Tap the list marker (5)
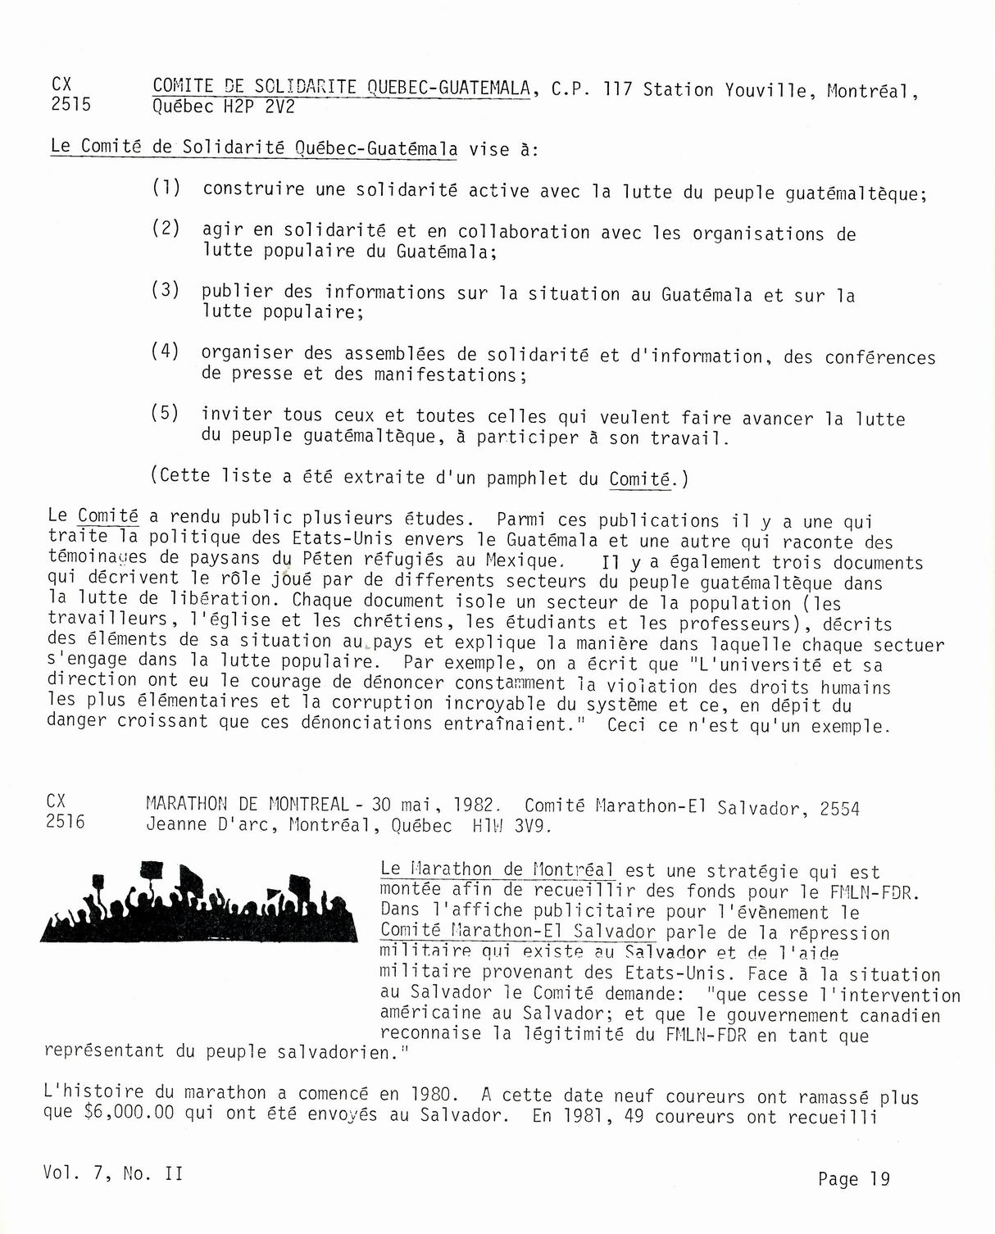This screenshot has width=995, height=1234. [165, 412]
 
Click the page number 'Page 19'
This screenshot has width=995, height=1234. [853, 1179]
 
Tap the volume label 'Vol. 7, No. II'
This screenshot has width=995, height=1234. [114, 1173]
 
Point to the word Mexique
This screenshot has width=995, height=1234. [524, 561]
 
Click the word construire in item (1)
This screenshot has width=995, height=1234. [253, 189]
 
